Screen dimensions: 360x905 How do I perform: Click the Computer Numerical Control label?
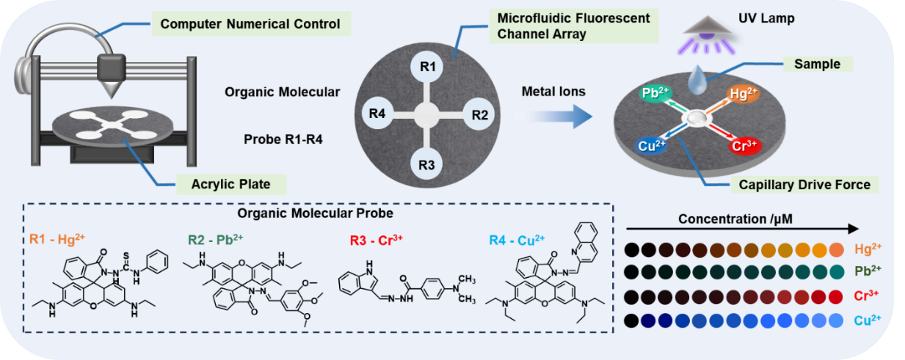pos(250,24)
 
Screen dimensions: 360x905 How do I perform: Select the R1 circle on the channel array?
pos(427,67)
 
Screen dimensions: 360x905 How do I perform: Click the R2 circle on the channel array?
pos(479,115)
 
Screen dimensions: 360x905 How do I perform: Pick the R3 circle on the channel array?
pos(427,164)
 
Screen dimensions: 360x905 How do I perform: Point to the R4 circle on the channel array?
pos(376,115)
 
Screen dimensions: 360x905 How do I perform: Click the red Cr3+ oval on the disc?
pos(745,146)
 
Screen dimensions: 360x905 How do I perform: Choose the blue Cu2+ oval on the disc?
pos(651,146)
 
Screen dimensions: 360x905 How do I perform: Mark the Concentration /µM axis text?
pos(726,220)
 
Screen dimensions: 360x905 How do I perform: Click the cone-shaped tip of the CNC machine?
pos(113,89)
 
